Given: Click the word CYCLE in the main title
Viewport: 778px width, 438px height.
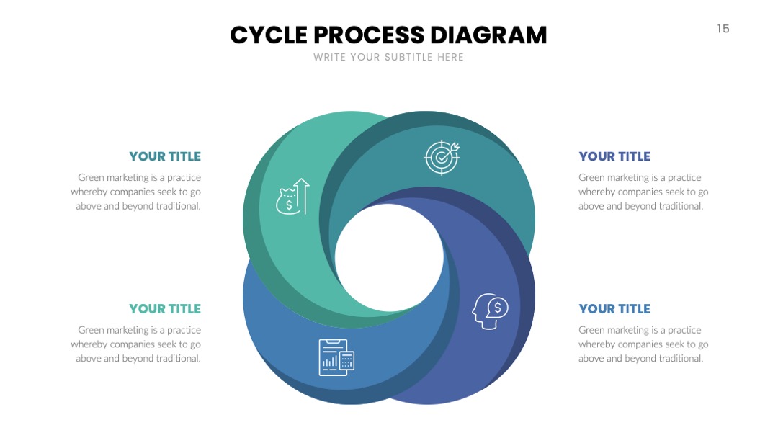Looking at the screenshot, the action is point(269,35).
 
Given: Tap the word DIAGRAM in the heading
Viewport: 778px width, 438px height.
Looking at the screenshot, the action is point(488,35).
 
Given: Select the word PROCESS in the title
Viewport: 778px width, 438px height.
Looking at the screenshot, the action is point(369,35).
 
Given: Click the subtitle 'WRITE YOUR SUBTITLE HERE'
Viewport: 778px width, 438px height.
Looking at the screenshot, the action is point(388,57).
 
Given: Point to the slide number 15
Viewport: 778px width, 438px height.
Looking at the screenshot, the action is point(723,29).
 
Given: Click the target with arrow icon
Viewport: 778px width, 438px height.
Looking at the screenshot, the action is point(442,158).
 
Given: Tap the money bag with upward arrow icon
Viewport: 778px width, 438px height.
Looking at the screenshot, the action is point(292,197).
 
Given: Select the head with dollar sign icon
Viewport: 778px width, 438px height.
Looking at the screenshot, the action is point(490,311).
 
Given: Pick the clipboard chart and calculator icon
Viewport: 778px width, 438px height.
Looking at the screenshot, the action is point(336,357).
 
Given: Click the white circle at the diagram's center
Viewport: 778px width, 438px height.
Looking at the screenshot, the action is point(389,258).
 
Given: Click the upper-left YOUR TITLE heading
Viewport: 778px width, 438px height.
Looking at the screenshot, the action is point(165,156).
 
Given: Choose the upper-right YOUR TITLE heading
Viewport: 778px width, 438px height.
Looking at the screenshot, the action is point(614,156).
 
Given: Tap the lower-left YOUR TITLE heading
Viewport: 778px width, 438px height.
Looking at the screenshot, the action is point(165,308).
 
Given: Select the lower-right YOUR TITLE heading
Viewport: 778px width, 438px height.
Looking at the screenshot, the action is point(614,308).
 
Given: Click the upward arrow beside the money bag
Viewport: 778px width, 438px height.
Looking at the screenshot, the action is point(302,196).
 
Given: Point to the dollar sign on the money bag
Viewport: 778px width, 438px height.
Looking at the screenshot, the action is point(289,205).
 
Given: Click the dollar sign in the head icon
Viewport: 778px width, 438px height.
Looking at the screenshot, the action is point(498,308).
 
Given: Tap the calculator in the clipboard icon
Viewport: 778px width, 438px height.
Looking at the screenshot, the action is point(346,361).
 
